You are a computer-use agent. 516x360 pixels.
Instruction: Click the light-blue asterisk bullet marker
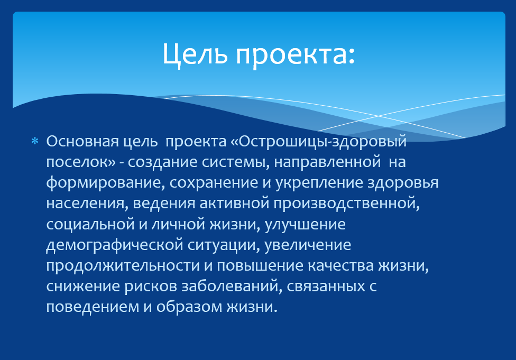click(34, 142)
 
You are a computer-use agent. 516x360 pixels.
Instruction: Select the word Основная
click(82, 142)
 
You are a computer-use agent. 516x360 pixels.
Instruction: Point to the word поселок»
click(80, 162)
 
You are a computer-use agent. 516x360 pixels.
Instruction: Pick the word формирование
click(105, 183)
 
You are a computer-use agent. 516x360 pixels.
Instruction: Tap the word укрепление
click(319, 183)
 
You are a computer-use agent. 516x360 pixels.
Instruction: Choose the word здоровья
click(403, 183)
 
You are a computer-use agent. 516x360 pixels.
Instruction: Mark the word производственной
click(346, 204)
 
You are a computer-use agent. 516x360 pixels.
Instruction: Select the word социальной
click(90, 225)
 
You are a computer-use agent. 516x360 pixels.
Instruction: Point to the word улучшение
click(305, 225)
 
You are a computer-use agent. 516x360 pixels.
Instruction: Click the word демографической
click(115, 245)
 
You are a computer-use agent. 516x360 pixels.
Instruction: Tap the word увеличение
click(308, 245)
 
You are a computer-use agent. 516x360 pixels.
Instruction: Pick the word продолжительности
click(123, 266)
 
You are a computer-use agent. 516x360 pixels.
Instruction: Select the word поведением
click(93, 307)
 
